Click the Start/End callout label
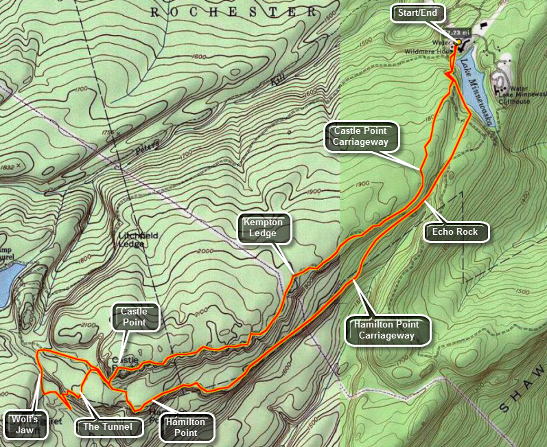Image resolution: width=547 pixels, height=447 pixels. tap(419, 13)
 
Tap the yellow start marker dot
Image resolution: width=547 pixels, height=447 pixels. tap(458, 41)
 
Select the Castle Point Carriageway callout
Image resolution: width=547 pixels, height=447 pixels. tap(361, 136)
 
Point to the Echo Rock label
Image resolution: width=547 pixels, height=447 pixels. tap(454, 232)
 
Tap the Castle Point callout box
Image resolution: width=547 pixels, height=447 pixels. tap(135, 317)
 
